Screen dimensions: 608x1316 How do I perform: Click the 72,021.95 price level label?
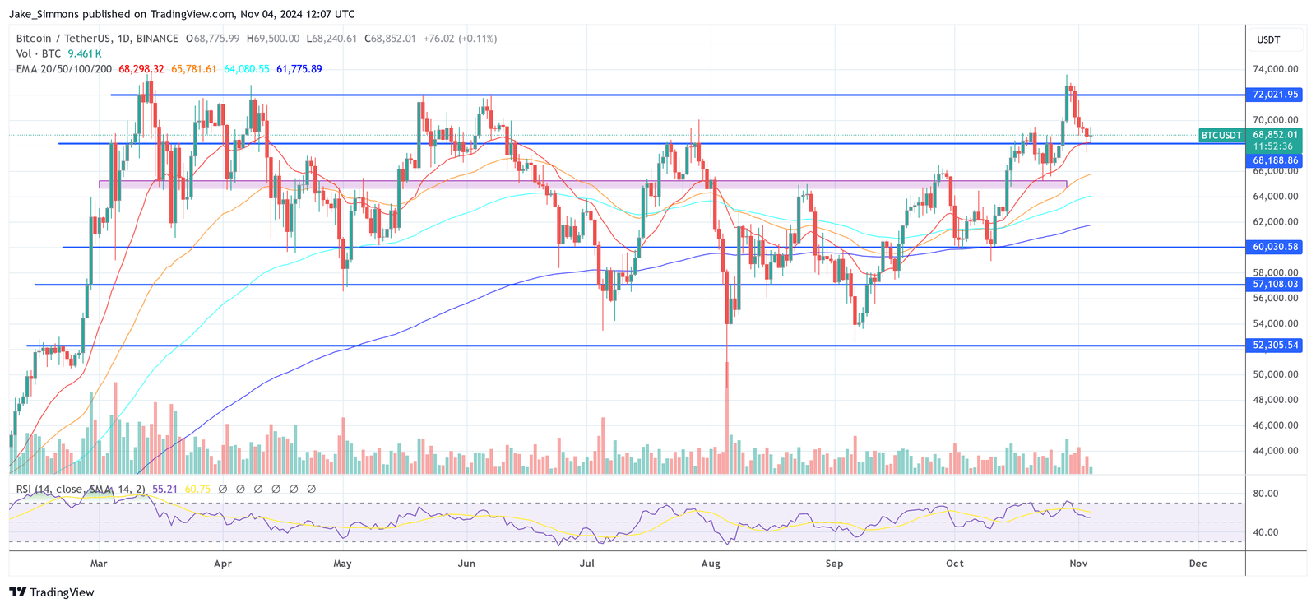coord(1275,95)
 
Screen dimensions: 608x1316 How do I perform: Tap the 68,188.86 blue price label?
coord(1275,160)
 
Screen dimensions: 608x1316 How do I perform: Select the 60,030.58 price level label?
coord(1275,247)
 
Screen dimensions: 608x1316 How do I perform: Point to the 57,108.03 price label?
coord(1275,285)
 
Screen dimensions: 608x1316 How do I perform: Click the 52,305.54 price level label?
coord(1275,346)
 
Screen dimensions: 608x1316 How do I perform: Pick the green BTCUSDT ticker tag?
coord(1221,135)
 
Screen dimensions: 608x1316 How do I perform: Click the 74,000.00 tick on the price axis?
coord(1275,69)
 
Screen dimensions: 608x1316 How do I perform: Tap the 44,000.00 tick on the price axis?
coord(1275,451)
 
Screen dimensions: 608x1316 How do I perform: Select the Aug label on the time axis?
coord(711,564)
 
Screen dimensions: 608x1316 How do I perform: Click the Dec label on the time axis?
coord(1198,564)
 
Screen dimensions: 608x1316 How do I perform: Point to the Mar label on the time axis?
coord(99,564)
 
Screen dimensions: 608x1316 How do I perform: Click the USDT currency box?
coord(1268,39)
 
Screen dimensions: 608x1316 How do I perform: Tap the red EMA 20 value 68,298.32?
coord(141,69)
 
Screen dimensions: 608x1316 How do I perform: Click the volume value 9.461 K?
coord(84,53)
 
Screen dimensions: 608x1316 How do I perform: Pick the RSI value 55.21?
coord(164,490)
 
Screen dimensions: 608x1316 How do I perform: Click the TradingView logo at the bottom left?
coord(52,592)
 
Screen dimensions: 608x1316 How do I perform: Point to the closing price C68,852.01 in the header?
coord(391,39)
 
